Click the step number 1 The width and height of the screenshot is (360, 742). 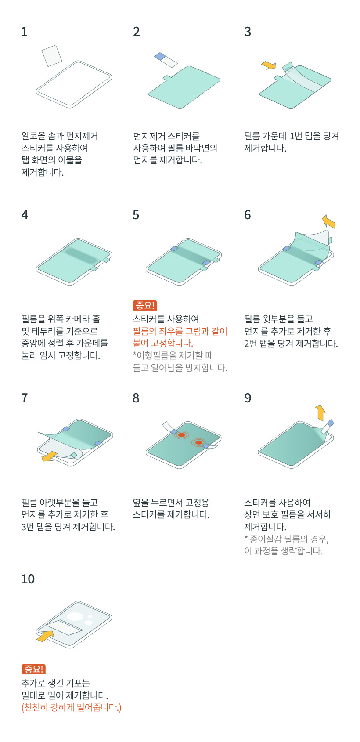pyautogui.click(x=24, y=32)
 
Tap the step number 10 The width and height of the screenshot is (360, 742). pyautogui.click(x=28, y=579)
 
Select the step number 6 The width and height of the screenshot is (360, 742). pyautogui.click(x=248, y=215)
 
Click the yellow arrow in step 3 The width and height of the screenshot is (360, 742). pyautogui.click(x=268, y=65)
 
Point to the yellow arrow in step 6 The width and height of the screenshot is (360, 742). pyautogui.click(x=328, y=221)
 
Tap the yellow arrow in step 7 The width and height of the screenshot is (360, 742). pyautogui.click(x=49, y=456)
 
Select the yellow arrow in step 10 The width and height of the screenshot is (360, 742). pyautogui.click(x=45, y=636)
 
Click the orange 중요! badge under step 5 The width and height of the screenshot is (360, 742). pyautogui.click(x=144, y=305)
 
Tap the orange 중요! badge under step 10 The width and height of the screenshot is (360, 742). pyautogui.click(x=33, y=669)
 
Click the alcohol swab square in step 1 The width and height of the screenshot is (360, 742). pyautogui.click(x=52, y=56)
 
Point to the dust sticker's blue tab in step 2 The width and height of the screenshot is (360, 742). pyautogui.click(x=161, y=56)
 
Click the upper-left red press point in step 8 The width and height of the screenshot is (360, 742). pyautogui.click(x=181, y=435)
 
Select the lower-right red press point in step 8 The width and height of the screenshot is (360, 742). pyautogui.click(x=198, y=442)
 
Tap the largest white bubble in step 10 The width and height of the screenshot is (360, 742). pyautogui.click(x=75, y=616)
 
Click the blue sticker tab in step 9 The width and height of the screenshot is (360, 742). pyautogui.click(x=330, y=423)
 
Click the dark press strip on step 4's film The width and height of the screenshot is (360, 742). pyautogui.click(x=81, y=256)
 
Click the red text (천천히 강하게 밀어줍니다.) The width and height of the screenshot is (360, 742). pyautogui.click(x=72, y=708)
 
